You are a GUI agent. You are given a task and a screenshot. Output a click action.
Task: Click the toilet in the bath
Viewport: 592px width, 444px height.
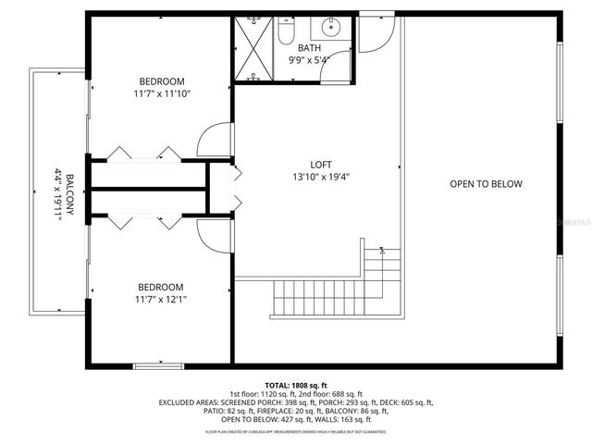[286, 33]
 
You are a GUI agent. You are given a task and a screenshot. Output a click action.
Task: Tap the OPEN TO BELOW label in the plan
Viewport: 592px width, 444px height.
[486, 184]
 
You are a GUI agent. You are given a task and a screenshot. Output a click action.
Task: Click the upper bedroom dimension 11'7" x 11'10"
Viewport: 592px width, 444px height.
[162, 93]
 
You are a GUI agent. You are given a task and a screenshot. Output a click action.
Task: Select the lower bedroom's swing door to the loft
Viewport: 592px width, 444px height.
[213, 237]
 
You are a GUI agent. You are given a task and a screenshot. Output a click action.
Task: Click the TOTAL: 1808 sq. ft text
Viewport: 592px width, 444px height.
[296, 385]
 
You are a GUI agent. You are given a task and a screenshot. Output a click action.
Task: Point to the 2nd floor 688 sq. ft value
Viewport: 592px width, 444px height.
[334, 393]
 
